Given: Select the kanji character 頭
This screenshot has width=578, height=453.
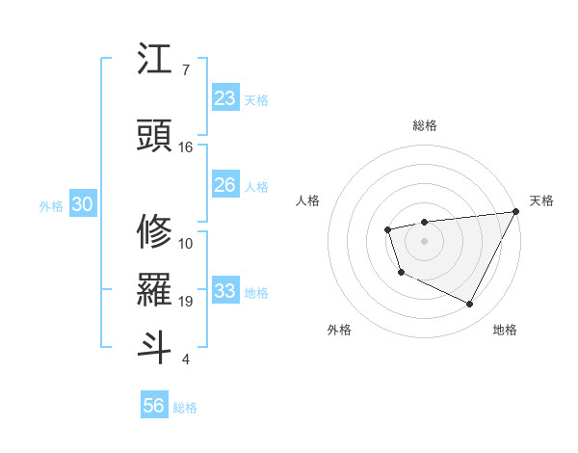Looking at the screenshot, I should click(154, 136).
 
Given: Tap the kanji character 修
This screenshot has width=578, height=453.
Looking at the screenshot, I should click(154, 231).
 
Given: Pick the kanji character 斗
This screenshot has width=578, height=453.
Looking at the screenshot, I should click(154, 347).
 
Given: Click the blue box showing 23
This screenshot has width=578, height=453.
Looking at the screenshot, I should click(225, 98).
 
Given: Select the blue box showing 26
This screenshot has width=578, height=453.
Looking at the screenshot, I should click(225, 185).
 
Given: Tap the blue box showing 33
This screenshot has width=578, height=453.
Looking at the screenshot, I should click(225, 291).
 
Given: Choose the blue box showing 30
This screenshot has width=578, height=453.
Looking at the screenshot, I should click(82, 204).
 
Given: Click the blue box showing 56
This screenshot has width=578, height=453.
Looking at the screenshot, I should click(154, 406).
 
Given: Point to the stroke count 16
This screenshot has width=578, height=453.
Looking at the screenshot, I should click(186, 147).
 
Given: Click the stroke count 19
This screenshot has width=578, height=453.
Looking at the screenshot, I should click(186, 302).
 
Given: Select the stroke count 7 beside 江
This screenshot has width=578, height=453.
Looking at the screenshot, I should click(185, 70).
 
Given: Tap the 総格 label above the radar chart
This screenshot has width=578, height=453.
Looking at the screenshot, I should click(424, 125).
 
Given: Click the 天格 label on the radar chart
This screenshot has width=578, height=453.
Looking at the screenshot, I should click(541, 200).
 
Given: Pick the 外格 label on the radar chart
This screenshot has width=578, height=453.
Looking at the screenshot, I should click(339, 330).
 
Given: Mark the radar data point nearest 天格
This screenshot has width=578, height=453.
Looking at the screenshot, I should click(515, 211).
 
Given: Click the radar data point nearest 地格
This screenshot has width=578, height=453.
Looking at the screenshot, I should click(470, 305).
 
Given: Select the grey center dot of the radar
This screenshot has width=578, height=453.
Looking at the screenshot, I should click(424, 240).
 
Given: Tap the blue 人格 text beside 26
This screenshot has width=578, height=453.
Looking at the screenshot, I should click(256, 186).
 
